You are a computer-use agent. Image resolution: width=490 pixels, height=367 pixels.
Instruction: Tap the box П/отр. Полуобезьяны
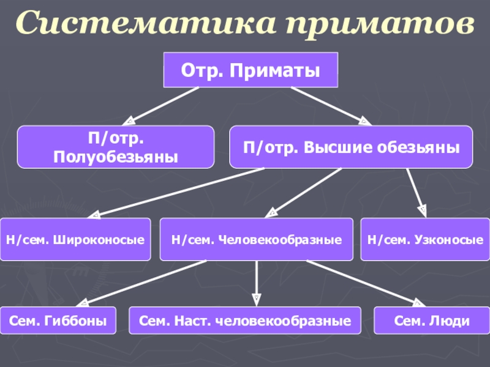pyautogui.click(x=116, y=147)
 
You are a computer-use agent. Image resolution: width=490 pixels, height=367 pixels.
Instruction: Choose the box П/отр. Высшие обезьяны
pyautogui.click(x=351, y=147)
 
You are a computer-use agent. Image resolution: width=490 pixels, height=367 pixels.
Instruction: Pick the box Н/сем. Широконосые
pyautogui.click(x=75, y=240)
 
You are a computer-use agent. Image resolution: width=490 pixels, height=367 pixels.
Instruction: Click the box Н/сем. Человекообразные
pyautogui.click(x=256, y=240)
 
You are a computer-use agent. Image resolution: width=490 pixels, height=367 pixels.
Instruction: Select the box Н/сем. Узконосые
pyautogui.click(x=425, y=240)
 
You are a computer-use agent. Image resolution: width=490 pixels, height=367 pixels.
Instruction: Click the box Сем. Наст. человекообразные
pyautogui.click(x=245, y=321)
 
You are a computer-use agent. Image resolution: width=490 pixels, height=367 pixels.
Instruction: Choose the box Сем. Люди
pyautogui.click(x=431, y=321)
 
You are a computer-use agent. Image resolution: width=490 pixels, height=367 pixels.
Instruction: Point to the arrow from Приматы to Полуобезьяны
pyautogui.click(x=162, y=105)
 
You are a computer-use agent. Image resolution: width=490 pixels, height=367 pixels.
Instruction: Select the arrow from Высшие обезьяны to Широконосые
pyautogui.click(x=178, y=193)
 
